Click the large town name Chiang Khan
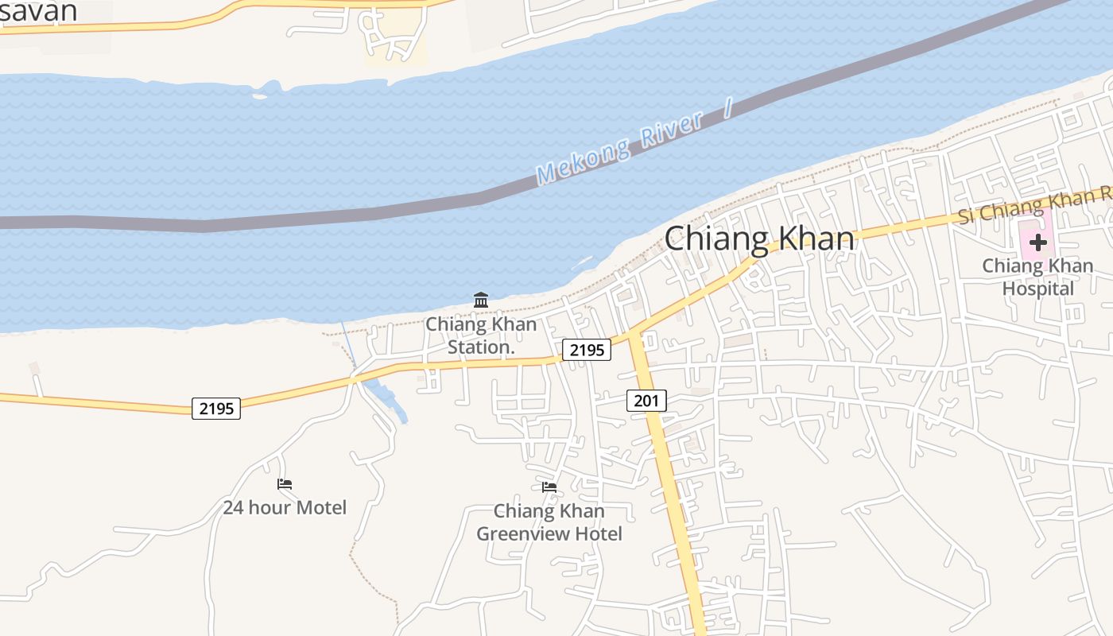(759, 238)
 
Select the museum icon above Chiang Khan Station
(481, 301)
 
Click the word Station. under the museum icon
(481, 347)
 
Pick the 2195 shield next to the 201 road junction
(587, 350)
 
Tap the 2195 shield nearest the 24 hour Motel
(216, 409)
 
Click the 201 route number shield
(646, 401)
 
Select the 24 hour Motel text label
(285, 507)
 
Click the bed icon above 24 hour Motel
(285, 483)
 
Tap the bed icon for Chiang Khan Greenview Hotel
(549, 487)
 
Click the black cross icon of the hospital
(1037, 242)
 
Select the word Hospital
(1037, 289)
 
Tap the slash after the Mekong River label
(727, 108)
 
